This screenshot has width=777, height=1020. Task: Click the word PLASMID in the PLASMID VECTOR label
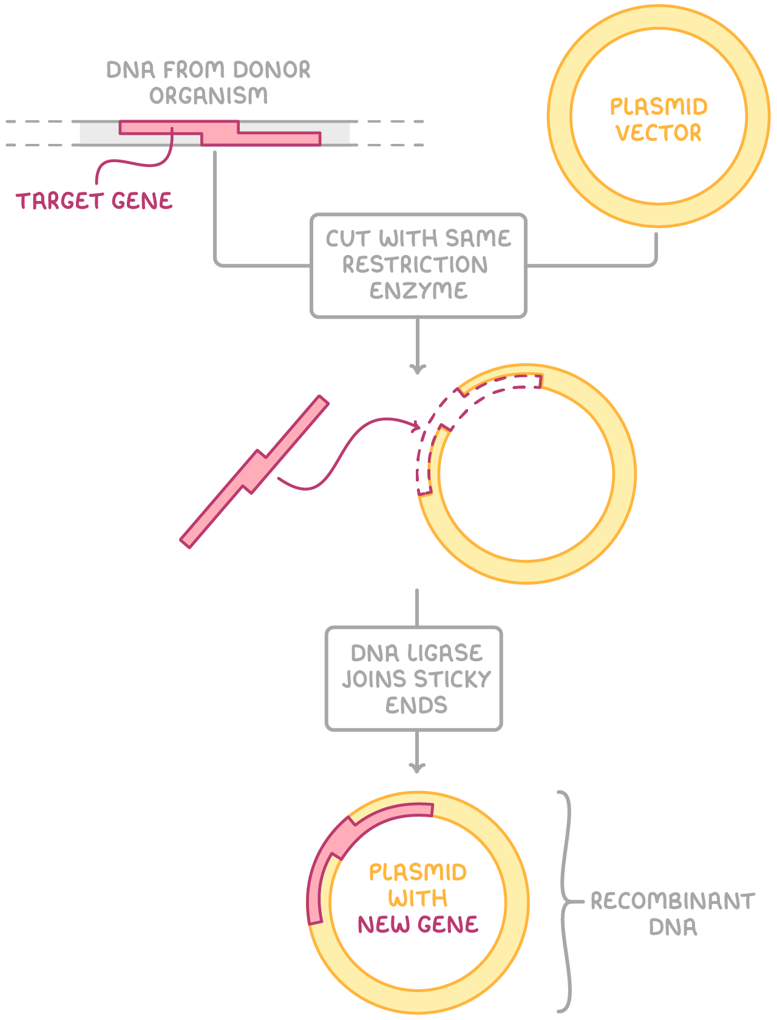[659, 107]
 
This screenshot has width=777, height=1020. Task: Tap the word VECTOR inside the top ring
[659, 133]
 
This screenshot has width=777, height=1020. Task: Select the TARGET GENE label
[94, 201]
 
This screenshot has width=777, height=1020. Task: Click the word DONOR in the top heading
[271, 70]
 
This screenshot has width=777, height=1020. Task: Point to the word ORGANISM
[208, 96]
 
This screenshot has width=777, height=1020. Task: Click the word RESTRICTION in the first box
[415, 265]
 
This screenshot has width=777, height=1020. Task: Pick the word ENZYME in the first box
[418, 291]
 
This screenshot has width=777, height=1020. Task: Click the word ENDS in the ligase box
[416, 705]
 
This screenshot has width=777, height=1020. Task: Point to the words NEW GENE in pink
[418, 924]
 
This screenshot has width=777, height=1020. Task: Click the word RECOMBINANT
[673, 901]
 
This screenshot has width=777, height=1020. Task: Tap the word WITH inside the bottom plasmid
[418, 898]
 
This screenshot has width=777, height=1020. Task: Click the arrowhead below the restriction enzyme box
[418, 369]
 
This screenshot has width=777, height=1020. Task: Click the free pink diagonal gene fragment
[255, 472]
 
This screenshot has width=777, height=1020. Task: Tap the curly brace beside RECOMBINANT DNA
[566, 902]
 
